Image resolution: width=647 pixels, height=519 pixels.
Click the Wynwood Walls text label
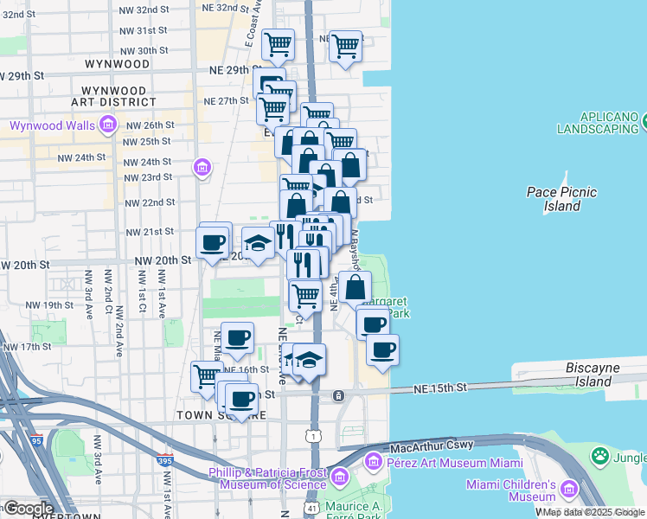(51, 125)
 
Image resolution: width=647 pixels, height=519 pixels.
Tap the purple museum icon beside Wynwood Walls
(108, 126)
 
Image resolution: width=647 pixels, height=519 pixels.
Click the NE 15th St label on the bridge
(444, 387)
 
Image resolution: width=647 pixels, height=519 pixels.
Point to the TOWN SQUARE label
(221, 415)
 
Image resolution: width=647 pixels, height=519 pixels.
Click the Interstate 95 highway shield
(35, 440)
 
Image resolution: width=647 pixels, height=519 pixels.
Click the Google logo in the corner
(28, 508)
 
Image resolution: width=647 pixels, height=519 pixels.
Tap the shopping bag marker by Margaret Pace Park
(355, 286)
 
